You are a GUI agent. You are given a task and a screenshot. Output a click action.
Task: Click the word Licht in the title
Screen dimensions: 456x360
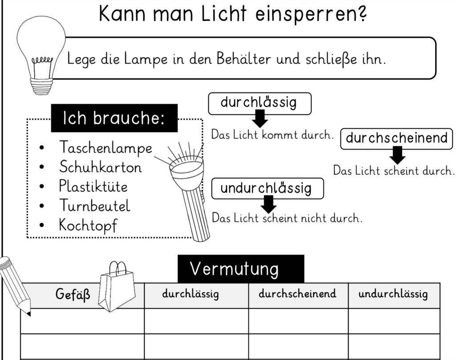224,13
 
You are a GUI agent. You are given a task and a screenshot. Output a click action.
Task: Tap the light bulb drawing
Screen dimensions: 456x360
41,55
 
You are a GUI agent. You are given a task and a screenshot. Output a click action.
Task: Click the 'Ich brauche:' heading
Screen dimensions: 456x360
114,118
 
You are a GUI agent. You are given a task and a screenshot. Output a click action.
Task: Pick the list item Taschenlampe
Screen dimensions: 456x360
106,147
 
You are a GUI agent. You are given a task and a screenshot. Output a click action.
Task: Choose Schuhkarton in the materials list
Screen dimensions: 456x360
100,167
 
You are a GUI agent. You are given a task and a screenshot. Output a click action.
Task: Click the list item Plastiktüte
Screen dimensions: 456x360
93,186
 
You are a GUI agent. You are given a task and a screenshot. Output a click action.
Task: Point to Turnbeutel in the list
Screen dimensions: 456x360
94,206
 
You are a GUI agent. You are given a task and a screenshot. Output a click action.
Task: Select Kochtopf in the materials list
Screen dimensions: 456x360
88,225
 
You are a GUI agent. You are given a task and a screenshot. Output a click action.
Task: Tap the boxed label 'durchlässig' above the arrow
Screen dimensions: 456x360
260,103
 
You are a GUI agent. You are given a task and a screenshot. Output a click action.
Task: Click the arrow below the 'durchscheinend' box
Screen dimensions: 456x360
397,155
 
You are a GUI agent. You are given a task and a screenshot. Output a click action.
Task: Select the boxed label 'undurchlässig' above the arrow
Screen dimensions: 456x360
268,189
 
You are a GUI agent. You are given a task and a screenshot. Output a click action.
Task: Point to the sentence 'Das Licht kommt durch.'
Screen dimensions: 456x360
272,135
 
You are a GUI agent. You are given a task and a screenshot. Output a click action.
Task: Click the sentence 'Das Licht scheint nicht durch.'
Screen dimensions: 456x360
287,218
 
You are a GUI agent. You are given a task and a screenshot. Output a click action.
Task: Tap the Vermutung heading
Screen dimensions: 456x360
241,269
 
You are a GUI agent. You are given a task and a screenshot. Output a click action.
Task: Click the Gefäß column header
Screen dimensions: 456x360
73,294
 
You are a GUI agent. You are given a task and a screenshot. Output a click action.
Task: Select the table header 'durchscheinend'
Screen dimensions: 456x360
297,293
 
